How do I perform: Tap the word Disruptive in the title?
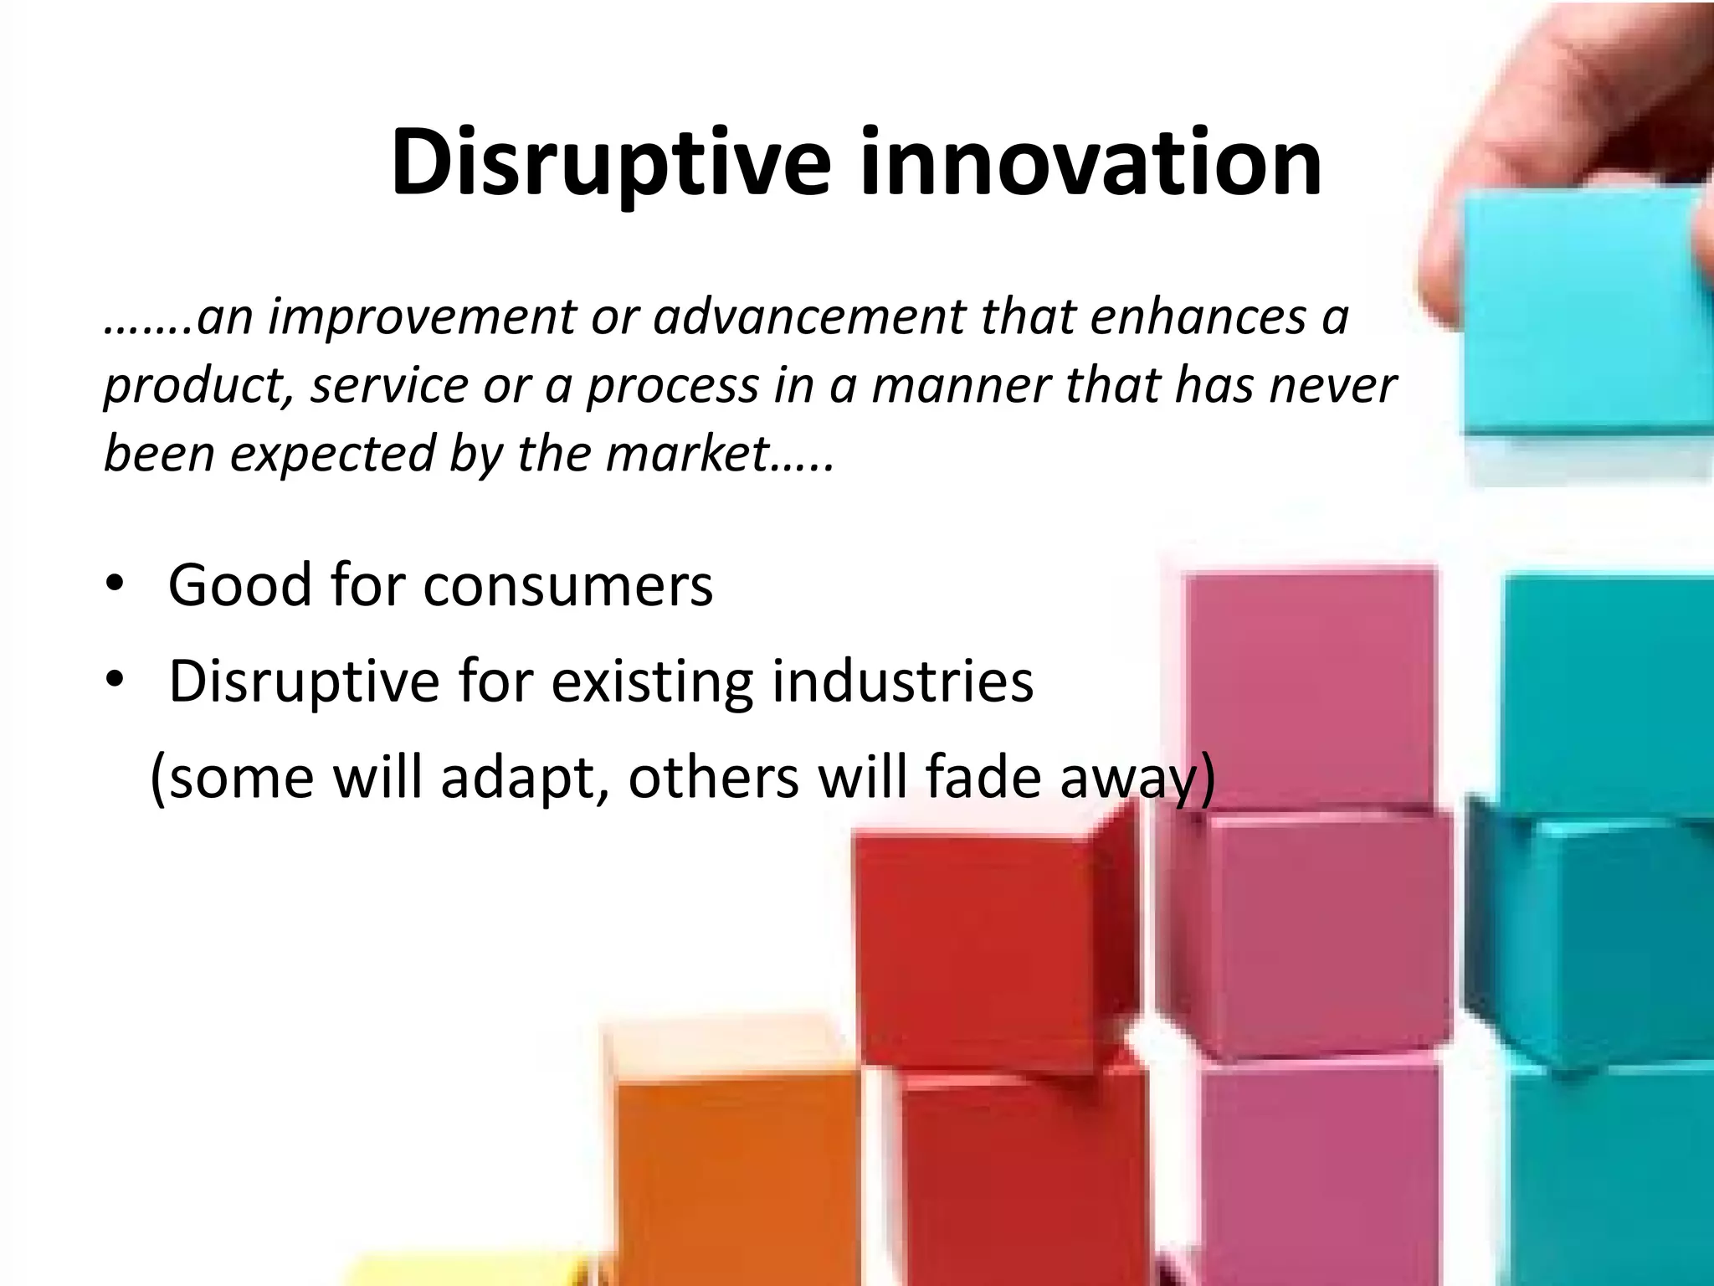611,163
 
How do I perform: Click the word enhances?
1198,318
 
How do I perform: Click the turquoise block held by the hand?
1582,318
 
